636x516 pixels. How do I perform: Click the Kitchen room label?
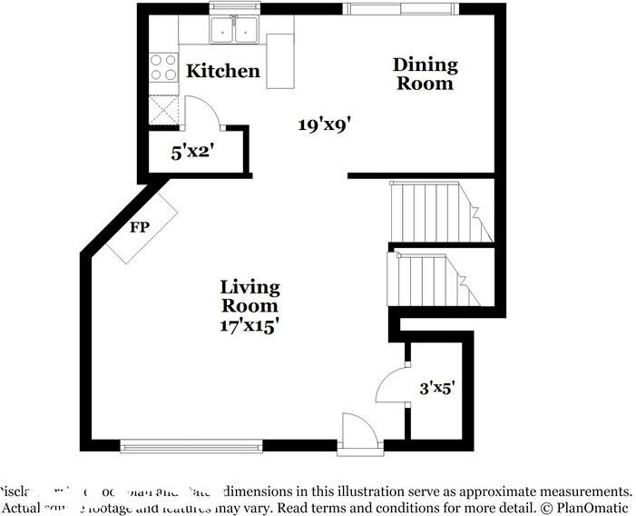(x=223, y=71)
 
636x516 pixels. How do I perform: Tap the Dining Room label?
(x=425, y=74)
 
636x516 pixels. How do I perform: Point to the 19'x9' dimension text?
(x=324, y=124)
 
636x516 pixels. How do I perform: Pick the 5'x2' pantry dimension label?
(x=191, y=153)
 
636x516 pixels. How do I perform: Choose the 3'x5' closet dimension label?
(x=437, y=389)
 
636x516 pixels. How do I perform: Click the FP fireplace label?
(x=139, y=227)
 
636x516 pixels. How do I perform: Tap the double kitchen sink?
(x=235, y=30)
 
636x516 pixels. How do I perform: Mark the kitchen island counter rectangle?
(x=280, y=62)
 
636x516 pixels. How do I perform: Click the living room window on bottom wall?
(x=191, y=445)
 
